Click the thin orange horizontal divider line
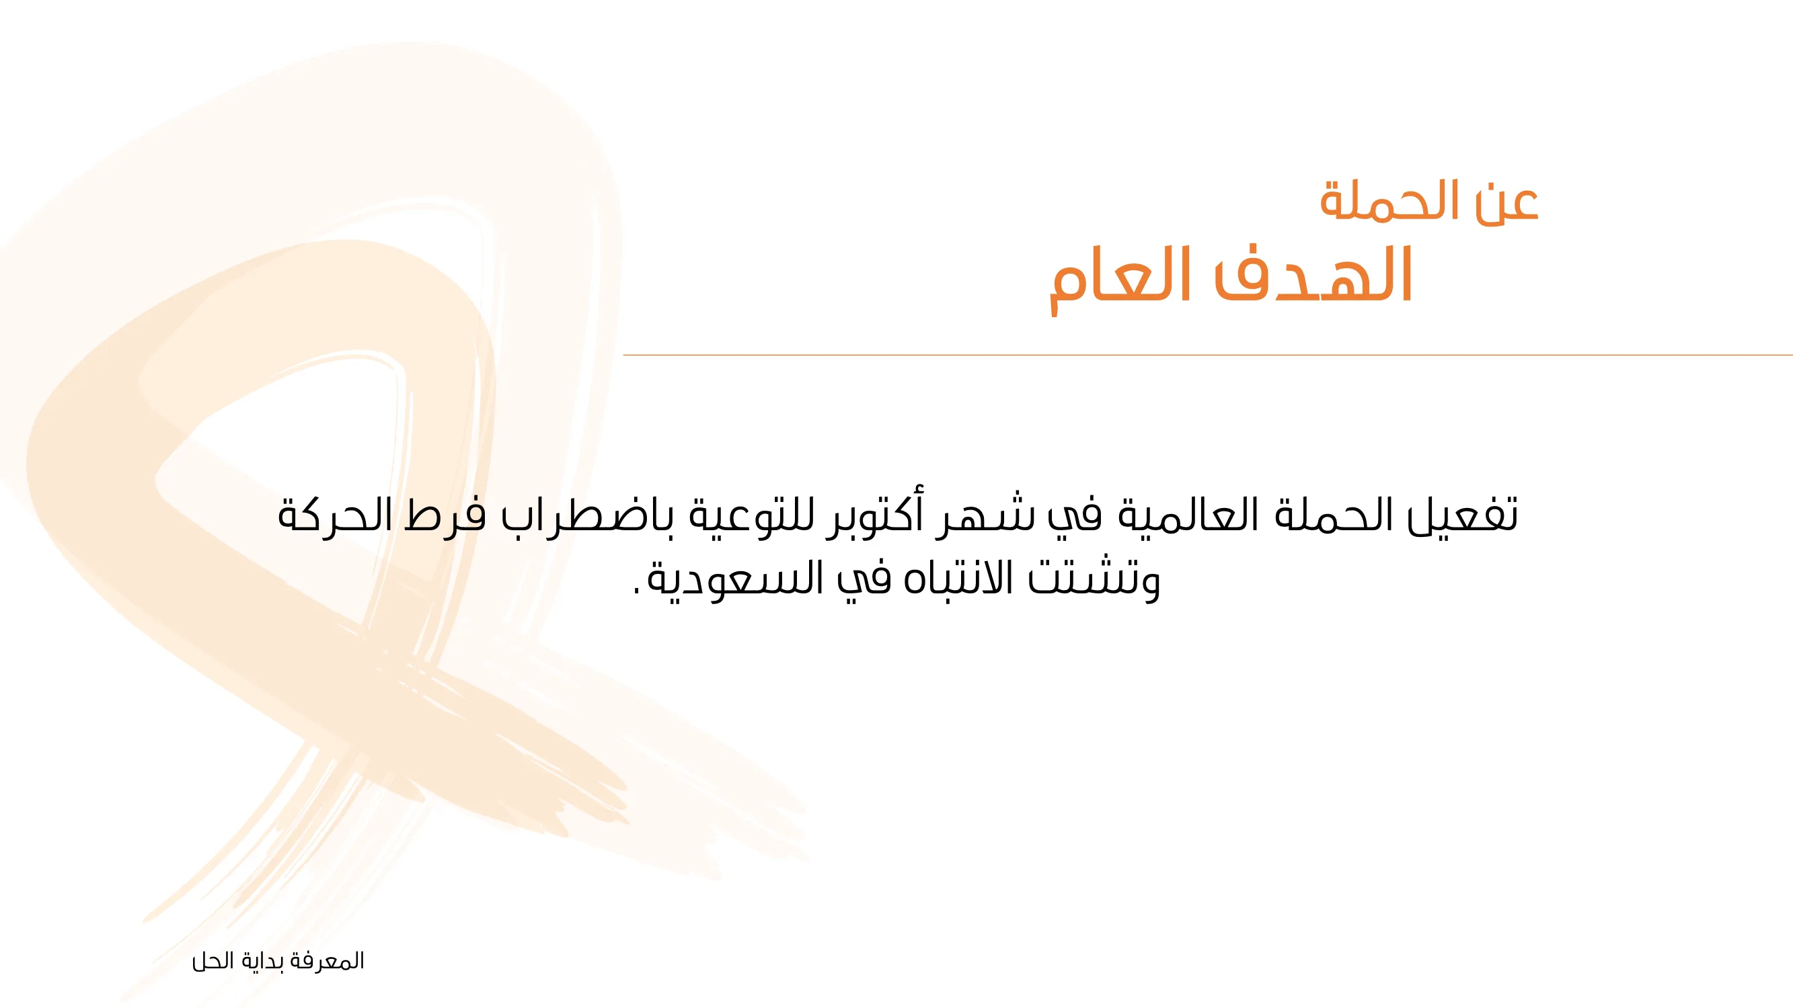point(1208,355)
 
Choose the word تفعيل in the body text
point(1462,515)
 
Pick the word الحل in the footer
point(213,961)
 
